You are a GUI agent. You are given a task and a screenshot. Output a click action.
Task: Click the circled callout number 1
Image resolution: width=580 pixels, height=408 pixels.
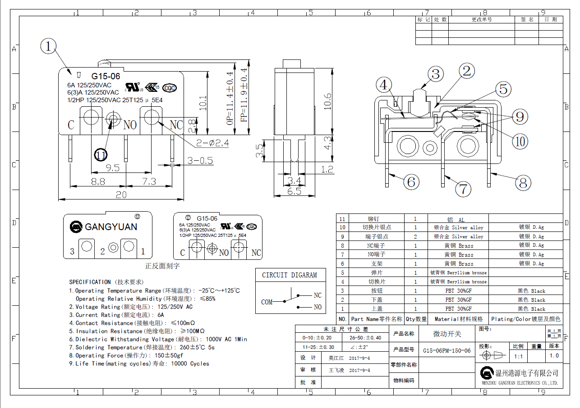tap(49, 46)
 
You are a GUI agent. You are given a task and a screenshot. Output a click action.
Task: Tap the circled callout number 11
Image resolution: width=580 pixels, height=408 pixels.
tap(101, 155)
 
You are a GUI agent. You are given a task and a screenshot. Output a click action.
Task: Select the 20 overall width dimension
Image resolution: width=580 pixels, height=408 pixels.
tap(121, 195)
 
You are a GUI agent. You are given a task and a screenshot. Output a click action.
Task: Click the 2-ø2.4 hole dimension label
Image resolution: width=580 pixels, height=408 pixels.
tap(212, 144)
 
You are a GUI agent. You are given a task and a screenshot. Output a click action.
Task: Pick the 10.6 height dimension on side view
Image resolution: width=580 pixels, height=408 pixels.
tap(327, 101)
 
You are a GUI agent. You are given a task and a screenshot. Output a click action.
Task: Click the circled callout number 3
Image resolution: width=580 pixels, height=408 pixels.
tap(435, 74)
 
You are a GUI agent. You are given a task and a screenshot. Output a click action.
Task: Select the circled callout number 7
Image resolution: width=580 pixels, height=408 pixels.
tap(463, 188)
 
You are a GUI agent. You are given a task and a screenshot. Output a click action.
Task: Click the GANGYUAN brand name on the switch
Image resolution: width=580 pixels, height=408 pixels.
tap(111, 227)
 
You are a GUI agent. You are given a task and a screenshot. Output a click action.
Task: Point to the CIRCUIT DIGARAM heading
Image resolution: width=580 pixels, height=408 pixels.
tap(290, 275)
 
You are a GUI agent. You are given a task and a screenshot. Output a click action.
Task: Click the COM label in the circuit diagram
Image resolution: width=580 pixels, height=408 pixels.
tap(267, 302)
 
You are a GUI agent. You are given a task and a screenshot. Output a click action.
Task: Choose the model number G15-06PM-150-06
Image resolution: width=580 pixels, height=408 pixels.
tap(447, 350)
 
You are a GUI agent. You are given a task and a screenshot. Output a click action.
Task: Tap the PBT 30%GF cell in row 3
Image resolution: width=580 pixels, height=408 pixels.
tap(458, 290)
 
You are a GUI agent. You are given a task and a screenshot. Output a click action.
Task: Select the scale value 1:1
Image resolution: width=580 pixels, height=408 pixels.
tap(519, 356)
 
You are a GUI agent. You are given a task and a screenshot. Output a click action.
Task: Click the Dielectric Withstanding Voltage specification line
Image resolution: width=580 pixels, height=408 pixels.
tap(158, 339)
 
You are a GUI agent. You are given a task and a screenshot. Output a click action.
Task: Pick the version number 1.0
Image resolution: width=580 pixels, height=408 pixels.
tap(554, 356)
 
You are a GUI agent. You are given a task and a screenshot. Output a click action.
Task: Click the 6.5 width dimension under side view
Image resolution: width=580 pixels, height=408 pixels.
tap(294, 191)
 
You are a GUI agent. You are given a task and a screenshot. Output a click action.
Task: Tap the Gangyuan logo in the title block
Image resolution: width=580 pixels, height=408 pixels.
tap(487, 373)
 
